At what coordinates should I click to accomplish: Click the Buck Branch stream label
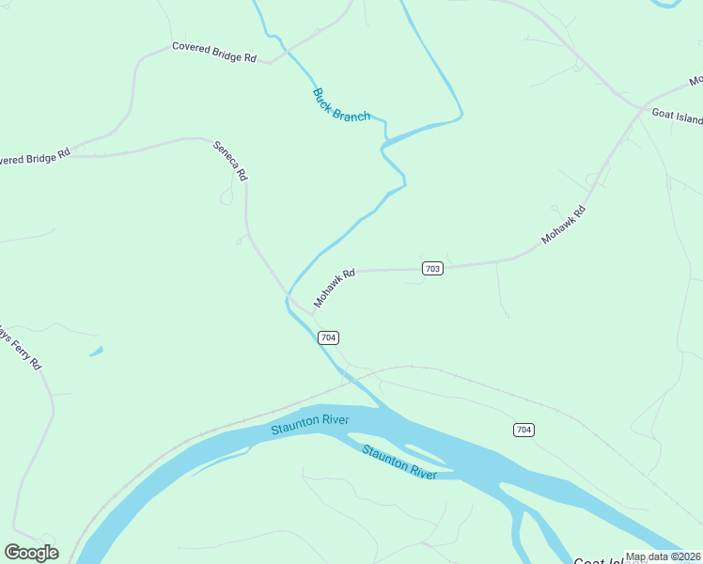pyautogui.click(x=340, y=104)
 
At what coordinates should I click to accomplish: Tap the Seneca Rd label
pyautogui.click(x=231, y=161)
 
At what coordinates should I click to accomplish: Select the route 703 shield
pyautogui.click(x=431, y=269)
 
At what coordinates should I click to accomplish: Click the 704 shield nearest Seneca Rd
pyautogui.click(x=328, y=337)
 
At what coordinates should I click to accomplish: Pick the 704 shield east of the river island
pyautogui.click(x=523, y=430)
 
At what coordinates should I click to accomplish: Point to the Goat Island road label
pyautogui.click(x=677, y=117)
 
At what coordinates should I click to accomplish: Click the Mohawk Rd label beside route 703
pyautogui.click(x=335, y=289)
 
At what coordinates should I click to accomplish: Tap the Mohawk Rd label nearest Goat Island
pyautogui.click(x=564, y=226)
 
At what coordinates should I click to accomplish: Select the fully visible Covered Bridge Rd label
pyautogui.click(x=214, y=52)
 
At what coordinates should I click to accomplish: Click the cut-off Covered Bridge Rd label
pyautogui.click(x=36, y=157)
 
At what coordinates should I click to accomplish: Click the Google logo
pyautogui.click(x=31, y=553)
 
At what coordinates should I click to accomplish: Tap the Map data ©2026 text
pyautogui.click(x=663, y=556)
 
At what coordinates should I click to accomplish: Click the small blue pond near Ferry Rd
pyautogui.click(x=96, y=352)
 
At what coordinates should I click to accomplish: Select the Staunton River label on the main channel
pyautogui.click(x=310, y=424)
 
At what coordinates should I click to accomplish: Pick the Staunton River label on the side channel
pyautogui.click(x=399, y=462)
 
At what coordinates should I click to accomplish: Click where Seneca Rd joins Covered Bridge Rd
pyautogui.click(x=209, y=139)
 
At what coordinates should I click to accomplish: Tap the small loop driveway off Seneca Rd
pyautogui.click(x=227, y=196)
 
